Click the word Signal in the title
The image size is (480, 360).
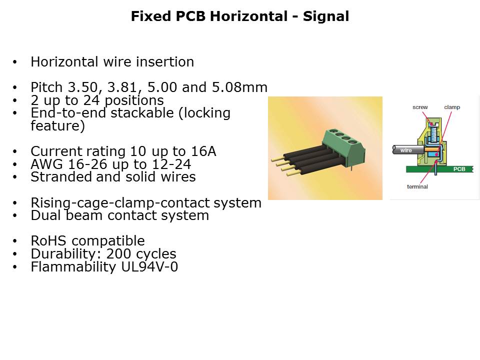[325, 16]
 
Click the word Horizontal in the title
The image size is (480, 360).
[248, 16]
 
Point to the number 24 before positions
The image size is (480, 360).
[91, 100]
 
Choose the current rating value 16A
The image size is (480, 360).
[203, 151]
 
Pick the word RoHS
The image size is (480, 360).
[48, 241]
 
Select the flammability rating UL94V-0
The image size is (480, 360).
[149, 267]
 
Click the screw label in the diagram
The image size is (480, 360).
[420, 107]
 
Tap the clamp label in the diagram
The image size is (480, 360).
[452, 107]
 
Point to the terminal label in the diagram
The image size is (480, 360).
[417, 186]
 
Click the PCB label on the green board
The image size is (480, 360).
[459, 169]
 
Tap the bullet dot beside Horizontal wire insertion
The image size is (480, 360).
[15, 62]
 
